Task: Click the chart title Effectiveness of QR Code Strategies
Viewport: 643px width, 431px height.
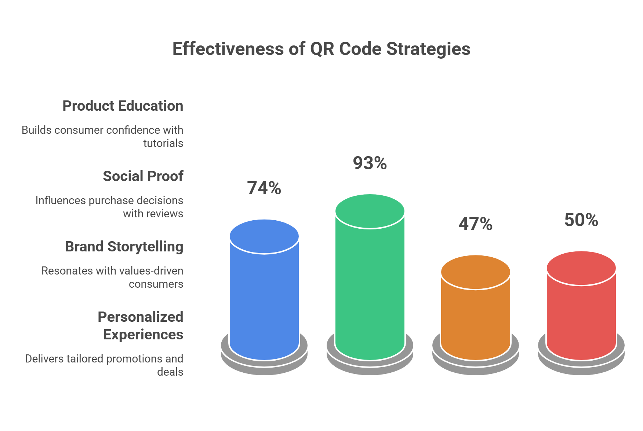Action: (321, 49)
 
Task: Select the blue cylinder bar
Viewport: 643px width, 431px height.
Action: (264, 293)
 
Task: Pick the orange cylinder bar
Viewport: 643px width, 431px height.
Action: (476, 312)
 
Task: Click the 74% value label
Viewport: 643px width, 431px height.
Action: (264, 188)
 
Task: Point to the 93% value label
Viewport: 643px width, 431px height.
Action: (370, 163)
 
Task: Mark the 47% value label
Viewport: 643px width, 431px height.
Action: (476, 224)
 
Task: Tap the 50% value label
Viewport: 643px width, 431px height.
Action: (581, 220)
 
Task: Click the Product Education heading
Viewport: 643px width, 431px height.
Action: (123, 106)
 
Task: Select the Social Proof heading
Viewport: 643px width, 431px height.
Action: (143, 176)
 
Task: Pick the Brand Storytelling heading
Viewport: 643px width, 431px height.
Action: (124, 247)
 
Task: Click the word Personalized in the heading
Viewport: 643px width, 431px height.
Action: (141, 317)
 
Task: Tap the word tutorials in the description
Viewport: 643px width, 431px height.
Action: (163, 143)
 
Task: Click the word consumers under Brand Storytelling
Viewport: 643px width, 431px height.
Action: (156, 284)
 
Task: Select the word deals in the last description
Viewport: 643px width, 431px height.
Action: (170, 372)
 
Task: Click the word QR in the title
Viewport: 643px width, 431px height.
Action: (322, 49)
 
